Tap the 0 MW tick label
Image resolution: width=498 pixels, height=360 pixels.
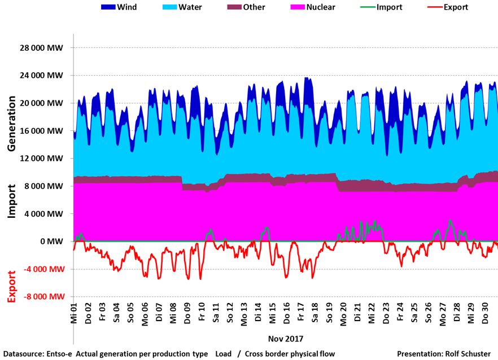(52, 242)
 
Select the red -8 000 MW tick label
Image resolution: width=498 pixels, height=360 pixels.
(41, 297)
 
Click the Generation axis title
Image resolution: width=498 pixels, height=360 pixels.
(11, 123)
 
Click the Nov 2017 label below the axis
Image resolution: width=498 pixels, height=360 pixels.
(286, 339)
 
